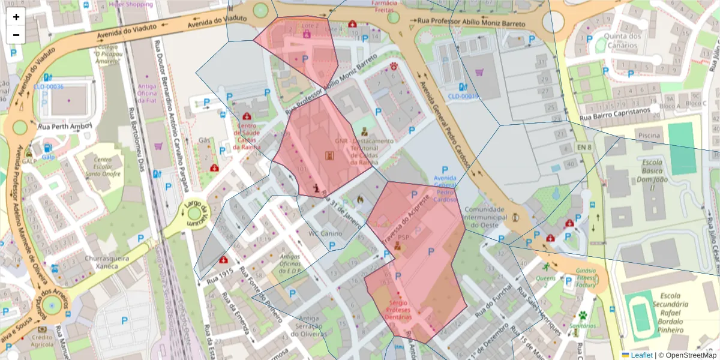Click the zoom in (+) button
(x=16, y=17)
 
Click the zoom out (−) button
(x=16, y=35)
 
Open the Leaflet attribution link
(x=637, y=355)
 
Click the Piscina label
(x=649, y=136)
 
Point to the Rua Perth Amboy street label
(x=65, y=127)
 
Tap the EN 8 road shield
(x=583, y=147)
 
